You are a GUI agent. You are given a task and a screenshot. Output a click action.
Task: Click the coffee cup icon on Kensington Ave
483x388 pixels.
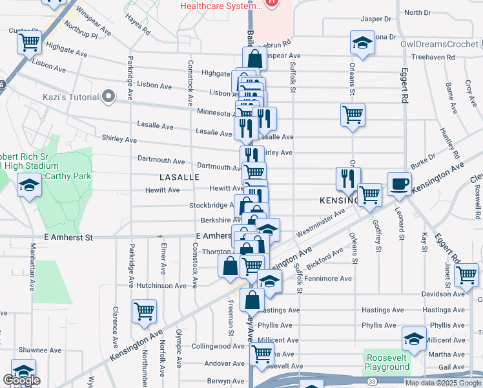[x=398, y=182]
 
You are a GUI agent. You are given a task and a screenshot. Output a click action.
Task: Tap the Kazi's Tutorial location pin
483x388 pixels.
[x=108, y=98]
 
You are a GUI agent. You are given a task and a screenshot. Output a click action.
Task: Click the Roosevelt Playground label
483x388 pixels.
[x=387, y=362]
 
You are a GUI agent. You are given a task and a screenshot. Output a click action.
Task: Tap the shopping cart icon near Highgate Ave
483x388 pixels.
[x=29, y=43]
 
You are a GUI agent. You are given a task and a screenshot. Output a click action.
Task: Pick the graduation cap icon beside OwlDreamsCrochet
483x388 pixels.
[x=362, y=43]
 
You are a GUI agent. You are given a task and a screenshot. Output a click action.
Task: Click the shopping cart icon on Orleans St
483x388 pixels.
[x=353, y=115]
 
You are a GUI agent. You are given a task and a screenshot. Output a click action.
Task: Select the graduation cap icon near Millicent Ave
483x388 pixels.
[x=414, y=338]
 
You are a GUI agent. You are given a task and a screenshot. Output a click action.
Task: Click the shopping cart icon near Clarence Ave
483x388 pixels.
[x=145, y=310]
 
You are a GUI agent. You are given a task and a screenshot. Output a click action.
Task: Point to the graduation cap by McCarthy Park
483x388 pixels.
[x=29, y=186]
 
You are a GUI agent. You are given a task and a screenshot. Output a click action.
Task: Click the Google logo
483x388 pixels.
[x=21, y=380]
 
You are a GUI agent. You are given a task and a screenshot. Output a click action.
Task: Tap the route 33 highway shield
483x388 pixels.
[x=373, y=382]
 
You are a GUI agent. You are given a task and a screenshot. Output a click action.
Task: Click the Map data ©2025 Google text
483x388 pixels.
[x=443, y=383]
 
